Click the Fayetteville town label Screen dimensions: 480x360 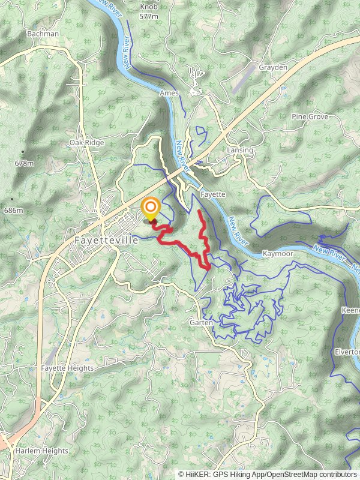[107, 239]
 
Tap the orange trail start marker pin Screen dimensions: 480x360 [149, 209]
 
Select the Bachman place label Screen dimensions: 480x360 [43, 34]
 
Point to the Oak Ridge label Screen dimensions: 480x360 [86, 143]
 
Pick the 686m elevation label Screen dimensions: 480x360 [13, 211]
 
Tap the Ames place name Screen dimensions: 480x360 [169, 94]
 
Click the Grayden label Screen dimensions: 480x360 [273, 68]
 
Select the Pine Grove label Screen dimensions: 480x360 [310, 116]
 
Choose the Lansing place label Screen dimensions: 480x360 [240, 150]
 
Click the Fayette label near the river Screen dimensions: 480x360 [212, 195]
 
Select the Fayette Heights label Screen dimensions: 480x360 [68, 368]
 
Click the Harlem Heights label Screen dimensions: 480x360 [42, 451]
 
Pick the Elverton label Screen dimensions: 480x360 [348, 352]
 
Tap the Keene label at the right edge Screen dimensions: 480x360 [350, 311]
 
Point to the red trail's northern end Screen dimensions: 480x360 [199, 211]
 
